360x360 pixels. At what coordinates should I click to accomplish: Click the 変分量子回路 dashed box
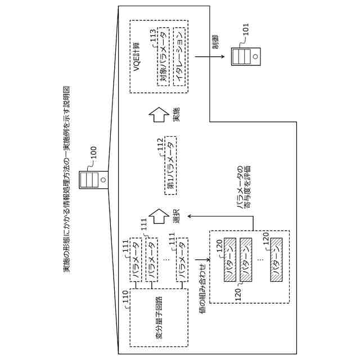[158, 317]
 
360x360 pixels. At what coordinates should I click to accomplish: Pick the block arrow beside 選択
[159, 215]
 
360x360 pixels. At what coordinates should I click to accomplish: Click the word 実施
[177, 115]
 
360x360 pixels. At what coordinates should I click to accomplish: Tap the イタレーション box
[179, 57]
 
